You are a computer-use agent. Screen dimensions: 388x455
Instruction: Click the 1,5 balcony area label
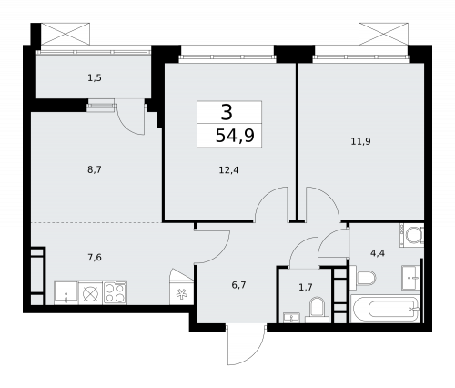point(95,78)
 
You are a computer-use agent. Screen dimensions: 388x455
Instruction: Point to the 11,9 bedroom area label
point(360,141)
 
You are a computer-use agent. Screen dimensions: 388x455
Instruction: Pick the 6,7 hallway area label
point(239,284)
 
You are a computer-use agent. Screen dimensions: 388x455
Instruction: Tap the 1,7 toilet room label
point(306,287)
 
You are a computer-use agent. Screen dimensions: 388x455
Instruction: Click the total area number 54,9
point(234,135)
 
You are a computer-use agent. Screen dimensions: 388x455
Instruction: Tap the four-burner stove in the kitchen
point(115,292)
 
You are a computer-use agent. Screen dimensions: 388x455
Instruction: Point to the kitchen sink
point(66,292)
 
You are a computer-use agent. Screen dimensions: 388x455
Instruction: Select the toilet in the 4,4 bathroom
point(365,278)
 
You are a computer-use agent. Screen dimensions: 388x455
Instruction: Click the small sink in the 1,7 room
point(291,317)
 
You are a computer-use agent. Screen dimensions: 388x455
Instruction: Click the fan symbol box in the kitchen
point(181,293)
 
